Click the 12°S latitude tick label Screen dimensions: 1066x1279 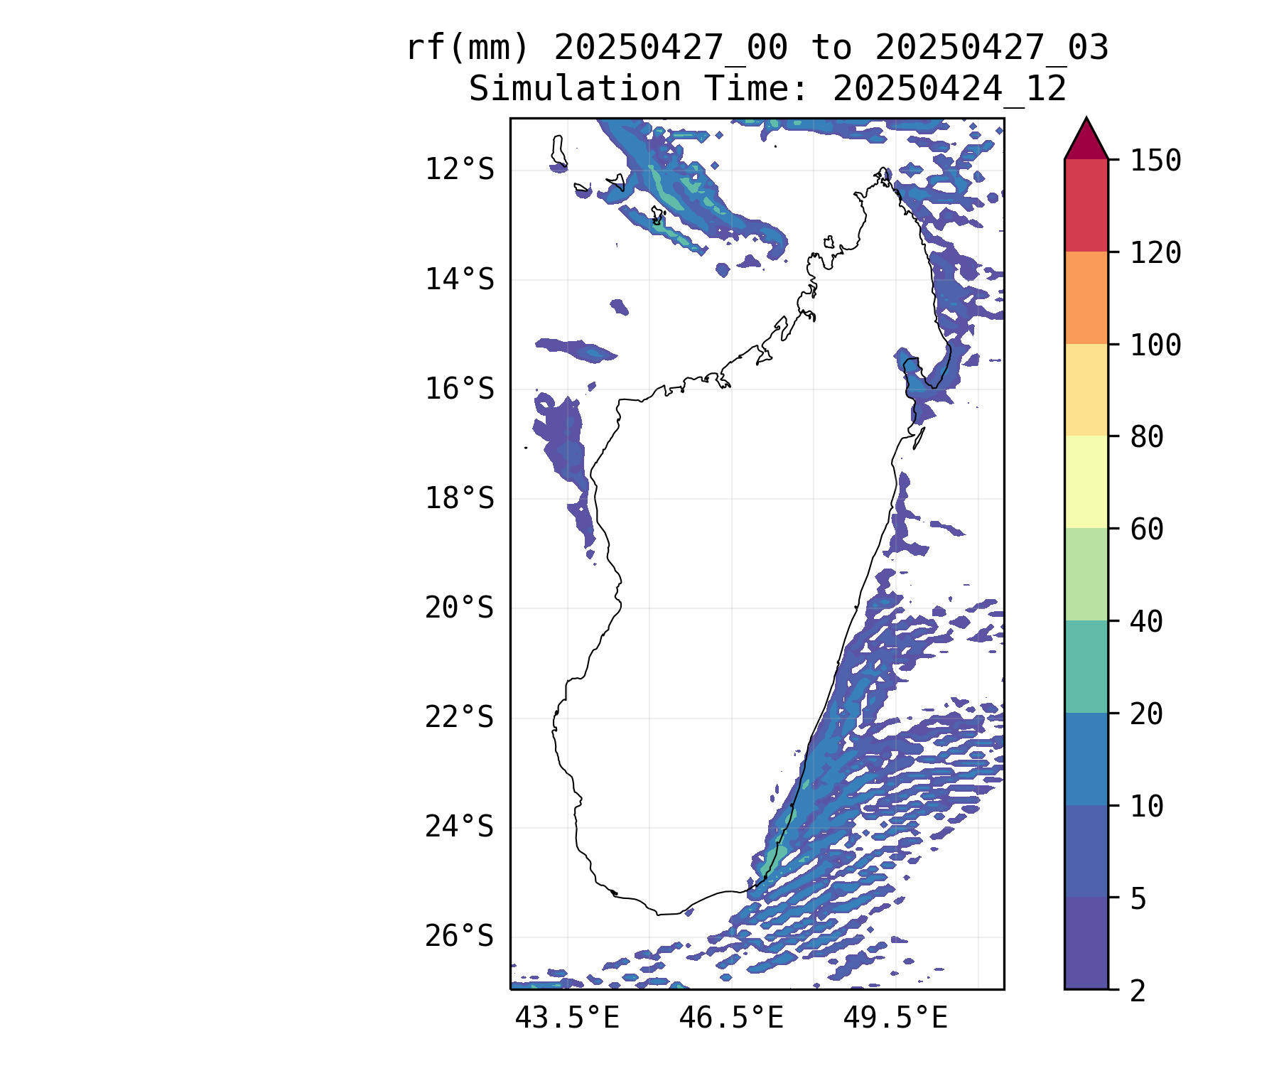pyautogui.click(x=459, y=170)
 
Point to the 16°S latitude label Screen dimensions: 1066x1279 pyautogui.click(x=459, y=389)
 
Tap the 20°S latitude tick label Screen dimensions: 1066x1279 pyautogui.click(x=459, y=608)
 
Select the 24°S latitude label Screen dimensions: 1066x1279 pyautogui.click(x=459, y=827)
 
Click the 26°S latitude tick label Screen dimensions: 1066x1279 pyautogui.click(x=459, y=937)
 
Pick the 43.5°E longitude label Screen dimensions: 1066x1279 pyautogui.click(x=567, y=1018)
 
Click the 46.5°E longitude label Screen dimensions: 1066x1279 pyautogui.click(x=731, y=1018)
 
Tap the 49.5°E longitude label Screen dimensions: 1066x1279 pyautogui.click(x=895, y=1018)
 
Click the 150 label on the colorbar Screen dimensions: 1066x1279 pyautogui.click(x=1156, y=161)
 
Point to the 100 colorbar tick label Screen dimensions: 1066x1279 pyautogui.click(x=1156, y=345)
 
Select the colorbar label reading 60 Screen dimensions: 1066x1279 pyautogui.click(x=1147, y=529)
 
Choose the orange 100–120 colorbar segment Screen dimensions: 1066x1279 pyautogui.click(x=1086, y=298)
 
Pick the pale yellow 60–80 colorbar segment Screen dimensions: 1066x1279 pyautogui.click(x=1086, y=482)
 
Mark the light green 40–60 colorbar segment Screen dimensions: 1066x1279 pyautogui.click(x=1086, y=574)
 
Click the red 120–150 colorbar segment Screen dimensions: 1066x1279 pyautogui.click(x=1086, y=205)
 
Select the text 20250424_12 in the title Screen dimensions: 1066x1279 pyautogui.click(x=949, y=90)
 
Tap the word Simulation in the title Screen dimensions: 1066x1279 pyautogui.click(x=575, y=90)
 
